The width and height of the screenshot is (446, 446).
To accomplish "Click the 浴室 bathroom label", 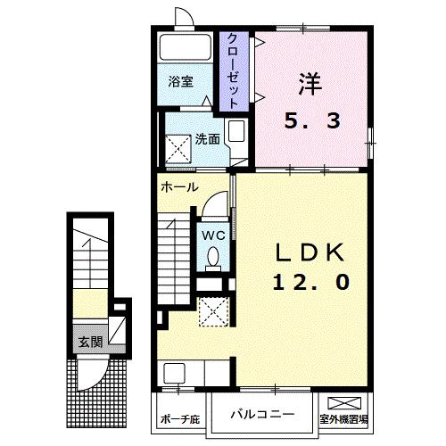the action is (181, 81).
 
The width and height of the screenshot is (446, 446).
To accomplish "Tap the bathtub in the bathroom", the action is (186, 47).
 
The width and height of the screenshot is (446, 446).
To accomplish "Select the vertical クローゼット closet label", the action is (234, 71).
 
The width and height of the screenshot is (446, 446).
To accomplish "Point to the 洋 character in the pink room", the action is (310, 84).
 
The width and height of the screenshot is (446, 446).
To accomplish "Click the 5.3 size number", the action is (312, 121).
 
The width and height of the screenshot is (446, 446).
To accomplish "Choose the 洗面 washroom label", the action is (208, 139).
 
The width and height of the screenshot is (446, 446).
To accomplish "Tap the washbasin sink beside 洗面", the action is (236, 131).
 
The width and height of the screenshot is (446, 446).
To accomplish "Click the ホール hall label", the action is (179, 187).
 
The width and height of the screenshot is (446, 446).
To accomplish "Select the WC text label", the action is (213, 235).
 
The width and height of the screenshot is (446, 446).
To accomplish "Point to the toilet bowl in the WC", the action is (213, 257).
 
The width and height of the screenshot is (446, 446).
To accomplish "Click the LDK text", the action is (310, 252).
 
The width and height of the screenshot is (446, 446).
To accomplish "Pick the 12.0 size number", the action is (311, 282).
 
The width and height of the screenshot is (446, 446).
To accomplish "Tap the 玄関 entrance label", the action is (90, 342).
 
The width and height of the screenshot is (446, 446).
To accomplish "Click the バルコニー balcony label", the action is (262, 414).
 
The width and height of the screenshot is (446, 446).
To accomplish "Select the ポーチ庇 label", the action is (180, 419).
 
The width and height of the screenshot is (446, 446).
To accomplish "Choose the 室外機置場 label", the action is (343, 419).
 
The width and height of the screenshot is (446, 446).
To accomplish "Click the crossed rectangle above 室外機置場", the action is (344, 403).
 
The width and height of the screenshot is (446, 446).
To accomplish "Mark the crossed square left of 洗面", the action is (178, 149).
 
